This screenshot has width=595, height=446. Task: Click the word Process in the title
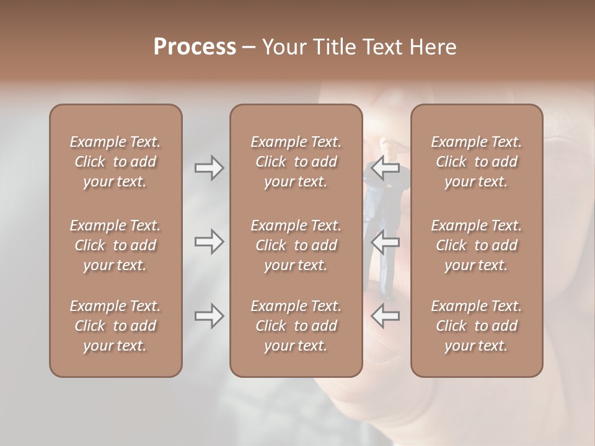point(195,47)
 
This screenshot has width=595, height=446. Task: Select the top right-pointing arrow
point(209,168)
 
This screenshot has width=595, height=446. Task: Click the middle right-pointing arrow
point(209,241)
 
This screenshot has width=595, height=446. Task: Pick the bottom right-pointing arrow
point(209,316)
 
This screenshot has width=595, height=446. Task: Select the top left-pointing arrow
point(385,168)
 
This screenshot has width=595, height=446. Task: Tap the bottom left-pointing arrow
point(385,316)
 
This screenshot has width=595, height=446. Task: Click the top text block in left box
point(115,162)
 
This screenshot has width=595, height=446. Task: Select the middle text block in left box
point(115,245)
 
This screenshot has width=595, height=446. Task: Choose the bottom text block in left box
point(115,326)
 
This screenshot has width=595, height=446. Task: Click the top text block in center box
point(296,162)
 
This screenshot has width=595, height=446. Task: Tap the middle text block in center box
point(296,245)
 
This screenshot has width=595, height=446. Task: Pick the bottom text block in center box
point(296,326)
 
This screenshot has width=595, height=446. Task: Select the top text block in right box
point(476,162)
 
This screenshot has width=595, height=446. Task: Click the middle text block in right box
point(476,245)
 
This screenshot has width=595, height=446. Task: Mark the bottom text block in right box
point(476,326)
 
